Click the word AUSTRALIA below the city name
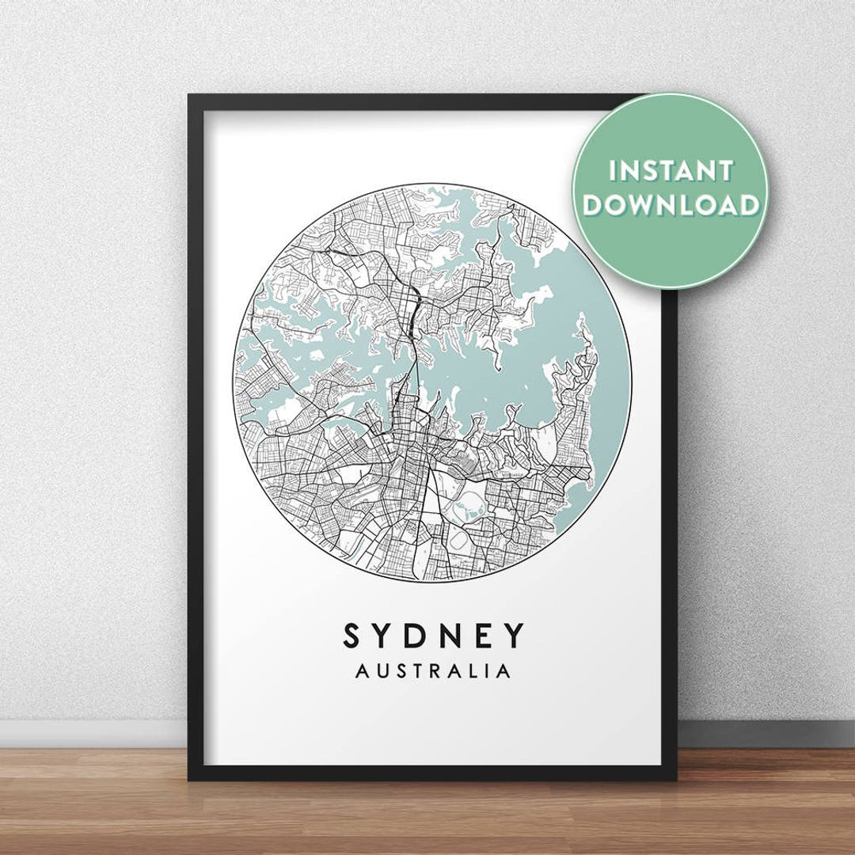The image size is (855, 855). [433, 671]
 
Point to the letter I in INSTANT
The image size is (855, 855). [612, 171]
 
